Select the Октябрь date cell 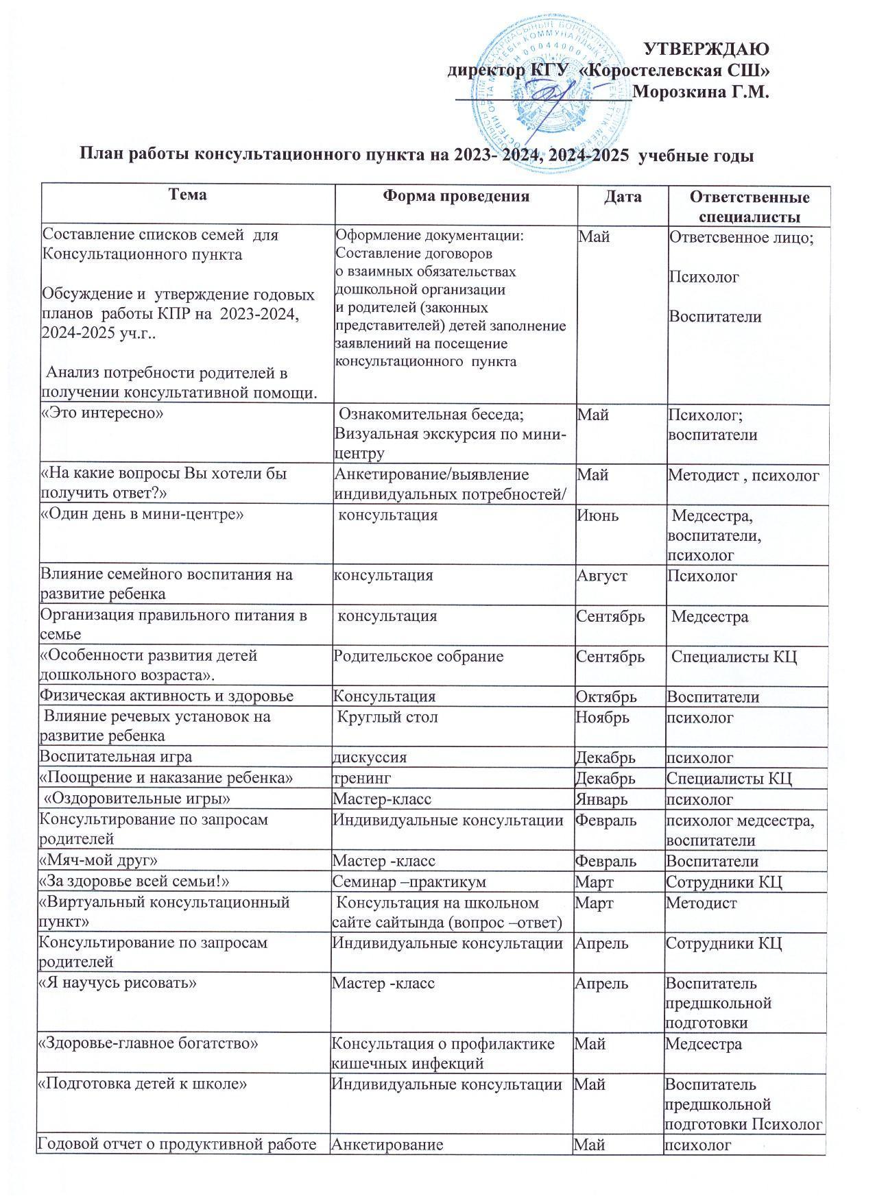[606, 696]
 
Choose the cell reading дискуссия [370, 757]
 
